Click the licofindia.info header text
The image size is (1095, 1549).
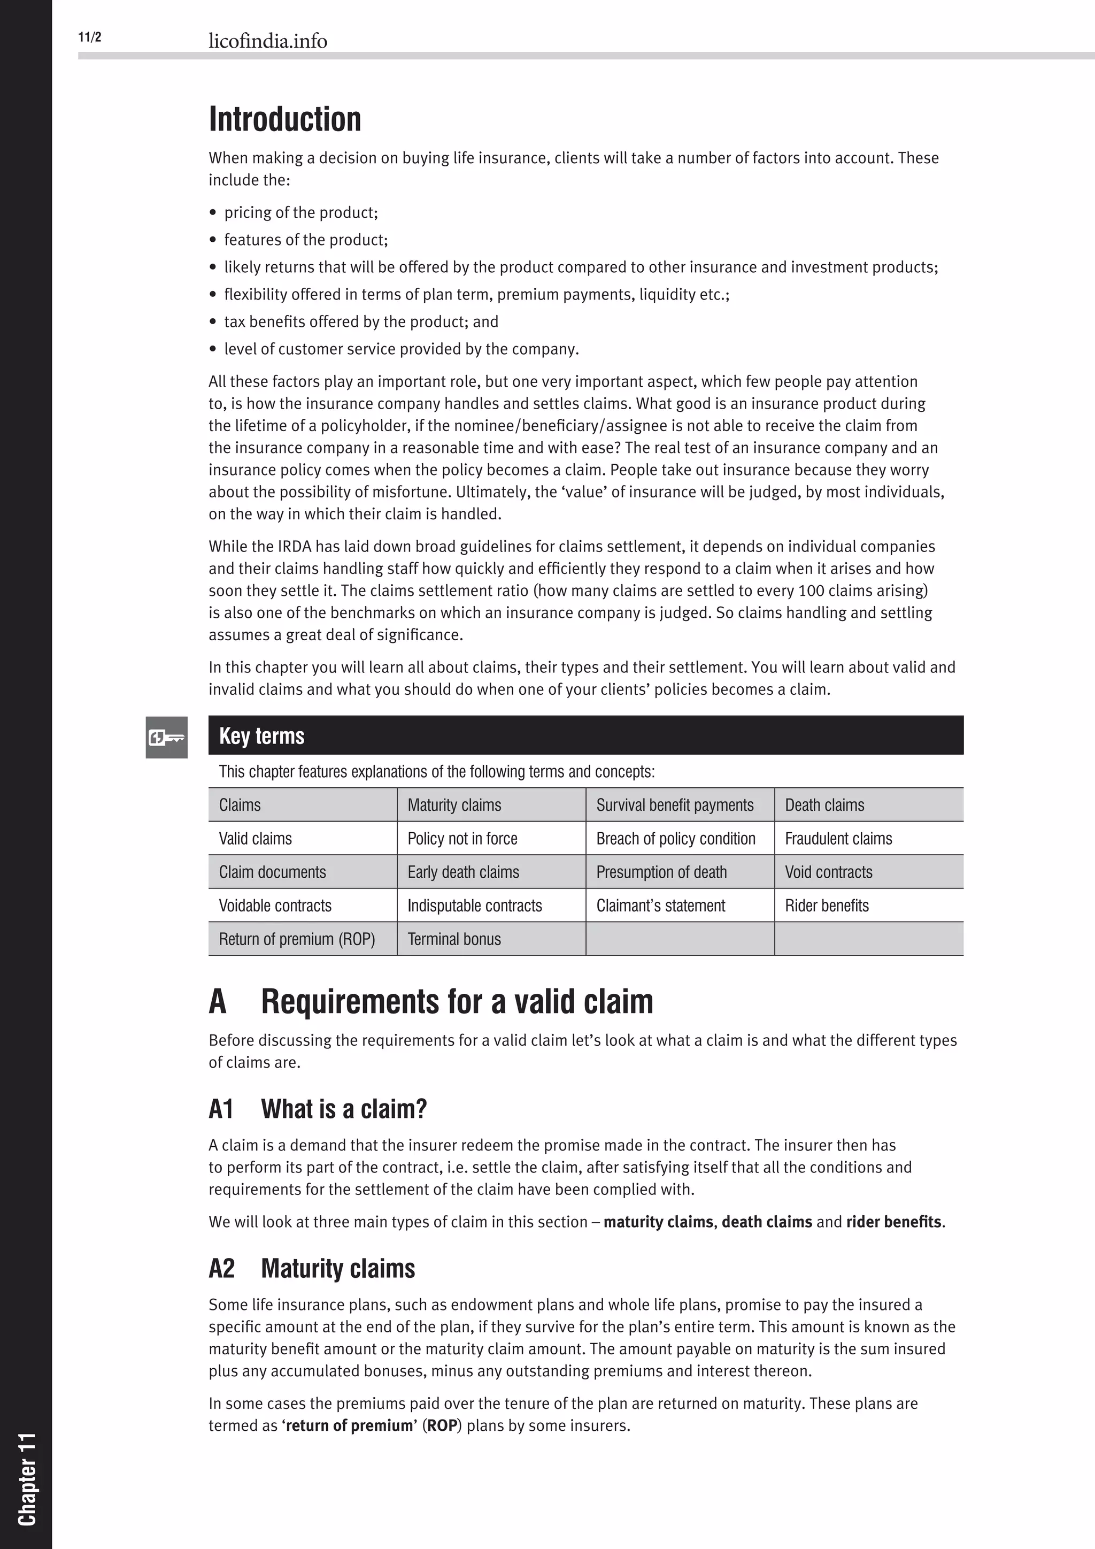pyautogui.click(x=268, y=41)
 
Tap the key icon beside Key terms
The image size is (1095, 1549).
pyautogui.click(x=166, y=738)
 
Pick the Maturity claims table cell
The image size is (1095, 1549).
pyautogui.click(x=454, y=805)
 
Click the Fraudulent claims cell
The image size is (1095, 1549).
pyautogui.click(x=838, y=839)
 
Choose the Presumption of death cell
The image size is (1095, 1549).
pyautogui.click(x=661, y=872)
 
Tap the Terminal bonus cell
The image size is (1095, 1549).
pyautogui.click(x=454, y=939)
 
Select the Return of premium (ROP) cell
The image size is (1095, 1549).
pyautogui.click(x=297, y=939)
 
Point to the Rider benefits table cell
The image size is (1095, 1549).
pyautogui.click(x=827, y=906)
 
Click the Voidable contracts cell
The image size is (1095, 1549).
pyautogui.click(x=275, y=906)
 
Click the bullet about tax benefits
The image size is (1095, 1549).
pyautogui.click(x=361, y=322)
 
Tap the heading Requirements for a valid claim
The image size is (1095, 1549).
pyautogui.click(x=457, y=1002)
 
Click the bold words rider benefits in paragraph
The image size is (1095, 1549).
pyautogui.click(x=893, y=1222)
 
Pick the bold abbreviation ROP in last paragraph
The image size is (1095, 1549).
pyautogui.click(x=442, y=1425)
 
